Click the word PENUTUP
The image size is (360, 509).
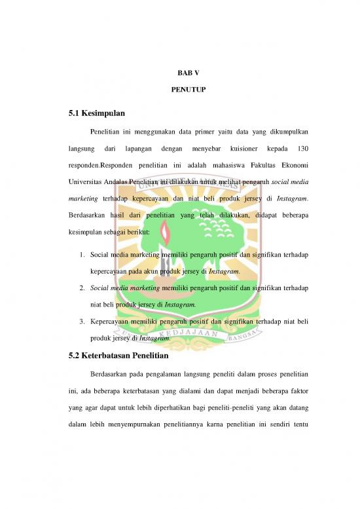coord(179,97)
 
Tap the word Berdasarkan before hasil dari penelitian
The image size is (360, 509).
coord(89,214)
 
